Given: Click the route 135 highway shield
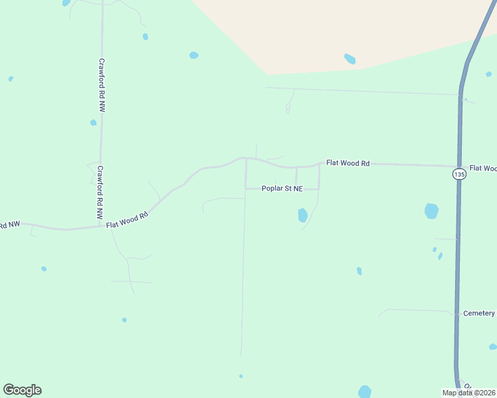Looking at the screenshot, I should (x=458, y=174).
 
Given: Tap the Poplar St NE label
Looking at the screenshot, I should (x=282, y=189).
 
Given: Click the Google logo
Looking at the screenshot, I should (x=22, y=390).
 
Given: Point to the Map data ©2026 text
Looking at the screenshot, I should (x=468, y=393).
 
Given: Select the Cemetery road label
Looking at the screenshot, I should (x=479, y=313).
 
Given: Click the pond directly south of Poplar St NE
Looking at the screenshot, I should (x=302, y=215).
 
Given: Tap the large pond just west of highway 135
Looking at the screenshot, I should (x=432, y=211).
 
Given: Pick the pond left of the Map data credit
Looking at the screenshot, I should (x=364, y=391).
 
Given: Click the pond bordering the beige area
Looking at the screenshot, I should (x=349, y=59).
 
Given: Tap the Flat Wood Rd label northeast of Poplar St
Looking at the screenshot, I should (x=348, y=163).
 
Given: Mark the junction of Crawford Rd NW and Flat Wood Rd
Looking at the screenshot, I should (x=100, y=226).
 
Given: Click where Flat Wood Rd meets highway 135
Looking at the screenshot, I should (x=458, y=166).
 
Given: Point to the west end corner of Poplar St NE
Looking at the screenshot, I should (x=246, y=188).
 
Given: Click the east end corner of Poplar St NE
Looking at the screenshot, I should (x=319, y=188).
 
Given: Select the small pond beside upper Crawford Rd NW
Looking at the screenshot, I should (x=93, y=123).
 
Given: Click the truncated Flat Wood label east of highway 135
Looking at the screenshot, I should (x=483, y=168).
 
